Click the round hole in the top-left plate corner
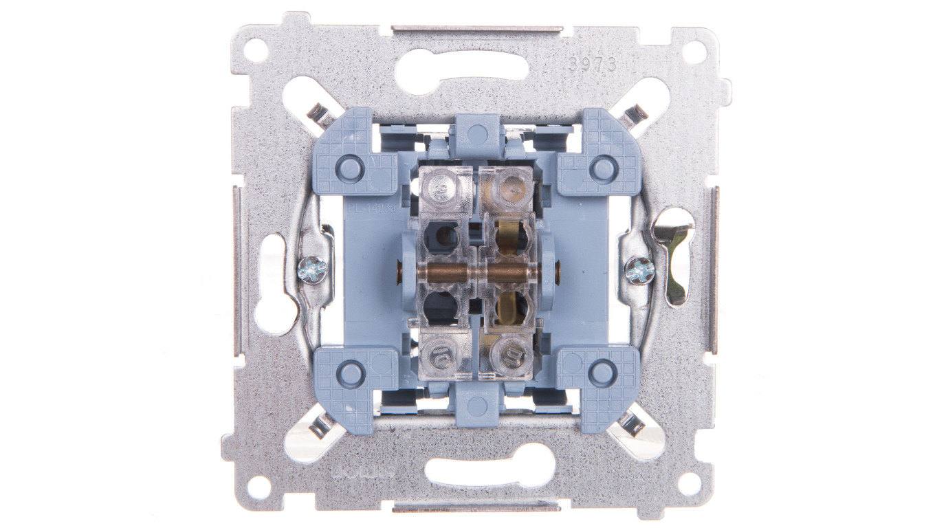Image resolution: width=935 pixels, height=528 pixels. tap(254, 50)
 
